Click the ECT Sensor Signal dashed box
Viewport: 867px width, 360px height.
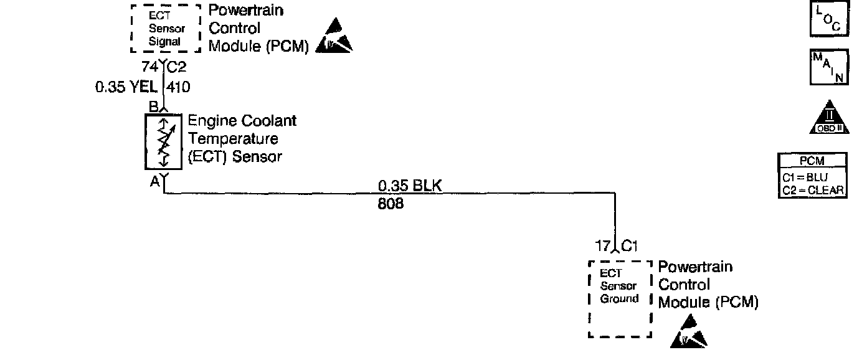pyautogui.click(x=166, y=29)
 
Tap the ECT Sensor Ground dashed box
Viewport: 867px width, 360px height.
pyautogui.click(x=619, y=299)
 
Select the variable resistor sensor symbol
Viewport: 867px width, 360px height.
pyautogui.click(x=163, y=142)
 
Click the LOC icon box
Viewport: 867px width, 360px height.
pyautogui.click(x=828, y=21)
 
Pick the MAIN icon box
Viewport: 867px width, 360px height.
pyautogui.click(x=828, y=67)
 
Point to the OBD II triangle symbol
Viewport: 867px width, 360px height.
pyautogui.click(x=828, y=118)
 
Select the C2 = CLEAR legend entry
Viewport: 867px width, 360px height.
pyautogui.click(x=812, y=190)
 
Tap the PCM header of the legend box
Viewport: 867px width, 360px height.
pyautogui.click(x=812, y=161)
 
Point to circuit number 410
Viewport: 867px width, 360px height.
pyautogui.click(x=179, y=88)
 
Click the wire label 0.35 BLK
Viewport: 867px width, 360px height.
pyautogui.click(x=410, y=186)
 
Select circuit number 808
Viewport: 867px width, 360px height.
pyautogui.click(x=391, y=204)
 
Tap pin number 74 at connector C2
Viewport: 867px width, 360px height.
pyautogui.click(x=149, y=67)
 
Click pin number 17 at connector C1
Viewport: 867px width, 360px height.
pyautogui.click(x=602, y=246)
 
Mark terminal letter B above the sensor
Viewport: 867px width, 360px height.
pyautogui.click(x=153, y=107)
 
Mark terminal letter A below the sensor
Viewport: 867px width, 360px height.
pyautogui.click(x=154, y=182)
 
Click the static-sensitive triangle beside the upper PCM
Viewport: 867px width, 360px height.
pyautogui.click(x=334, y=36)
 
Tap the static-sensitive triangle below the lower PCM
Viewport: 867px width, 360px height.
pyautogui.click(x=689, y=333)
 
